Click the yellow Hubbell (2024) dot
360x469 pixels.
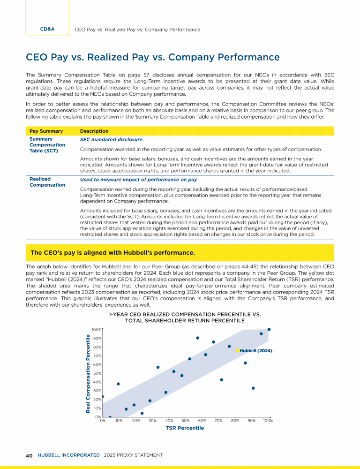click(x=237, y=351)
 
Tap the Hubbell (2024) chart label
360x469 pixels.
click(x=256, y=351)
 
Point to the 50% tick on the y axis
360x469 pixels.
click(x=97, y=373)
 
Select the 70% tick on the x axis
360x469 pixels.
click(x=218, y=421)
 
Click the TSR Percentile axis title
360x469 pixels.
click(x=185, y=428)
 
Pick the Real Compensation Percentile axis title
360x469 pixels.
click(x=88, y=374)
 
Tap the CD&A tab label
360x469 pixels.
click(x=47, y=29)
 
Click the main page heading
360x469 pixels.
click(x=153, y=58)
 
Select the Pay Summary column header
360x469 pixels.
click(x=46, y=131)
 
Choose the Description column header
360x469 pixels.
click(x=94, y=131)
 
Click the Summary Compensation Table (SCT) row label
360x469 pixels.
click(x=47, y=145)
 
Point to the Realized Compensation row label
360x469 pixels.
click(x=47, y=182)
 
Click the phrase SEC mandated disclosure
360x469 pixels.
click(x=111, y=140)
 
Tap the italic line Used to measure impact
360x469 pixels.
click(x=138, y=180)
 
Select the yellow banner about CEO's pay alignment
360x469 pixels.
click(x=180, y=253)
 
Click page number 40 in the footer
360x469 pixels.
click(x=29, y=455)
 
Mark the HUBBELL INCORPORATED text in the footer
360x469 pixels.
click(x=68, y=455)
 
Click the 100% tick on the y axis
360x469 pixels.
click(x=96, y=330)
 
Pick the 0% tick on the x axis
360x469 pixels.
click(x=103, y=421)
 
